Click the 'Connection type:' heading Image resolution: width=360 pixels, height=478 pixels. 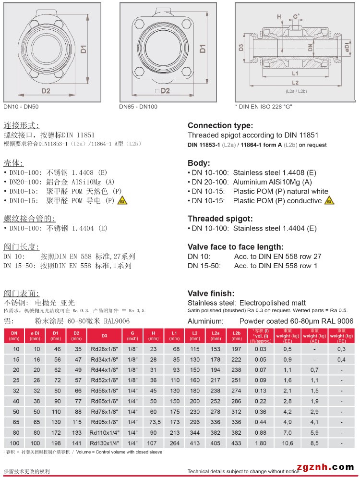220,126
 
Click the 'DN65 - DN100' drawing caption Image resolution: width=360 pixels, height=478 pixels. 138,107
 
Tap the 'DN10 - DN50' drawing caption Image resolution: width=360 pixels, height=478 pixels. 21,107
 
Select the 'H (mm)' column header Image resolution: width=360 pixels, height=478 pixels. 153,335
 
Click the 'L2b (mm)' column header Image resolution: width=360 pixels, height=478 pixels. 236,335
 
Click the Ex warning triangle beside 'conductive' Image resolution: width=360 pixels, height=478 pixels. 329,200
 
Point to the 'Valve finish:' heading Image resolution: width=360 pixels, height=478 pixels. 211,294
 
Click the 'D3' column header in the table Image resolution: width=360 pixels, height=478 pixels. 104,335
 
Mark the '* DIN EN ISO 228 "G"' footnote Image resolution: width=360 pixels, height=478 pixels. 263,107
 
